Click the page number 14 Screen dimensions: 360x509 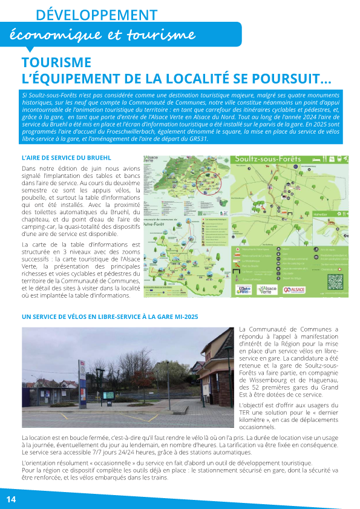pos(11,499)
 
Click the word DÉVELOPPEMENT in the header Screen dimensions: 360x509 pos(97,15)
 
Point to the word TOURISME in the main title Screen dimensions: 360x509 pos(56,63)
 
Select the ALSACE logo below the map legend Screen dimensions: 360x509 pos(296,290)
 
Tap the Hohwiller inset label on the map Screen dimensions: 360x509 pos(320,214)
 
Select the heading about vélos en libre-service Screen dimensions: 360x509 pos(110,317)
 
